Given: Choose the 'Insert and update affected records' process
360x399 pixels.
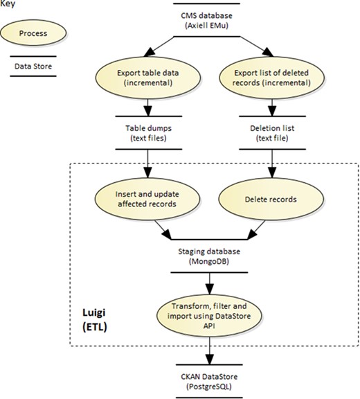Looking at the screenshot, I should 147,199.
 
